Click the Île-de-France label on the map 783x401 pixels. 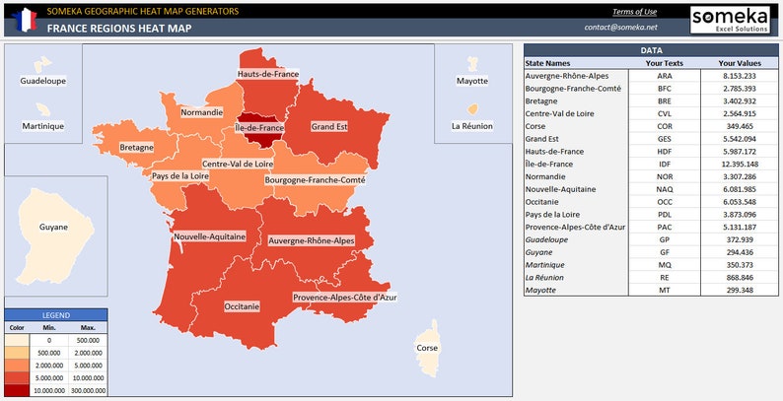(259, 128)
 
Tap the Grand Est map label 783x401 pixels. (329, 127)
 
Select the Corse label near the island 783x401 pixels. (427, 348)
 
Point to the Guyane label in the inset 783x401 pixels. (54, 228)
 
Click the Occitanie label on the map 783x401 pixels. (242, 306)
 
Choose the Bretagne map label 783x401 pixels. (137, 148)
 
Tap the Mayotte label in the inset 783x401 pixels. (472, 81)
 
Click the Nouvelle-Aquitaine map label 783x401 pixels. (209, 237)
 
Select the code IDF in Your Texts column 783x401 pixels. (665, 164)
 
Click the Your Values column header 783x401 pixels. (733, 63)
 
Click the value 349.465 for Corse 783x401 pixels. (740, 126)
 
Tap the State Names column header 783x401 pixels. (548, 63)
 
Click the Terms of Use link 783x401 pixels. (634, 12)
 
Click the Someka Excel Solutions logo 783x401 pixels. (731, 20)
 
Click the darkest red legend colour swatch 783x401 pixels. (17, 389)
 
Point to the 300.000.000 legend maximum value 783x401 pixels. (87, 389)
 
